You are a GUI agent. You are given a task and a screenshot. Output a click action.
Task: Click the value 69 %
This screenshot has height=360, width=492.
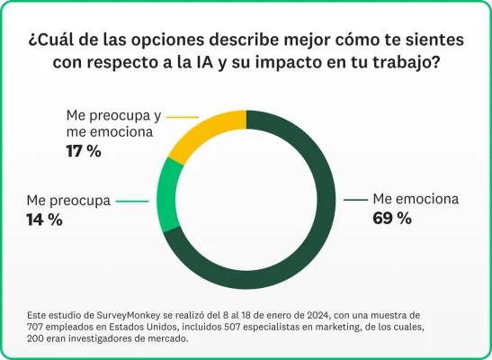click(391, 218)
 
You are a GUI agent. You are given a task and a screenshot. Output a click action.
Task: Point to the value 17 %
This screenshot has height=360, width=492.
click(83, 151)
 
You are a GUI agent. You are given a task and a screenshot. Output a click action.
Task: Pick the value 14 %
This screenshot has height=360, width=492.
click(44, 220)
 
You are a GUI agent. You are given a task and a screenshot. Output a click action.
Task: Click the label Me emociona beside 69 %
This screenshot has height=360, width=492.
click(416, 199)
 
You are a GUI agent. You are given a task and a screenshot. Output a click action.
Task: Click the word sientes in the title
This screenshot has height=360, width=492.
click(433, 41)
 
